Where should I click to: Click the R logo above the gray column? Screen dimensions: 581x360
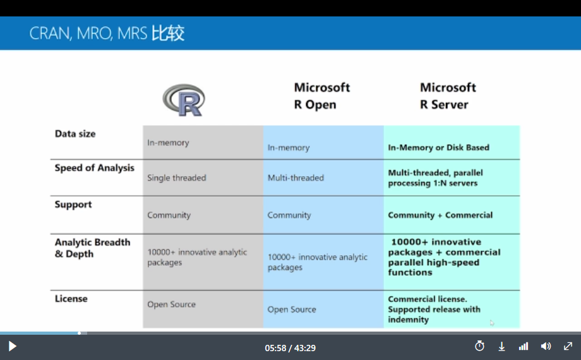pos(184,100)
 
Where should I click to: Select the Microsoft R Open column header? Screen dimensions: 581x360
pos(321,95)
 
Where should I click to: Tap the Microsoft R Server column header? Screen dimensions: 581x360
pos(448,95)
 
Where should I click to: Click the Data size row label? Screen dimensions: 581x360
pos(75,134)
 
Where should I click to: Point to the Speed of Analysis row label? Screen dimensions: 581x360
pos(95,168)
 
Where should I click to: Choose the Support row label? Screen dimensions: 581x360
pos(73,205)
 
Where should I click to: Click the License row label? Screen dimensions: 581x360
pos(71,299)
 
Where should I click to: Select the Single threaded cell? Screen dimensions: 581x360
pos(176,178)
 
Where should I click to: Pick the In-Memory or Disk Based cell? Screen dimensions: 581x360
pos(438,148)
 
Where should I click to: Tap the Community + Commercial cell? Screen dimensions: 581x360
pos(440,215)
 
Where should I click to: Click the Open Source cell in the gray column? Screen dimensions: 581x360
pos(171,304)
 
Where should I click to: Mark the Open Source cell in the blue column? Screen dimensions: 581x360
pos(292,309)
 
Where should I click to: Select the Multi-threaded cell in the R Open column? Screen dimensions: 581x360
pos(296,178)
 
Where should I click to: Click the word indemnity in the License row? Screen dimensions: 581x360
pos(408,320)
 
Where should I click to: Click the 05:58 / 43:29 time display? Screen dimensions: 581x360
pos(290,348)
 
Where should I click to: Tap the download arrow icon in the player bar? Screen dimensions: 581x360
pos(501,347)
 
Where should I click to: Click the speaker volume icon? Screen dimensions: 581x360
pos(546,346)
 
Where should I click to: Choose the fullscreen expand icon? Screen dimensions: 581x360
pos(568,346)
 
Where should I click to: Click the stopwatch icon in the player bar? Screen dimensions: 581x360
pos(479,346)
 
